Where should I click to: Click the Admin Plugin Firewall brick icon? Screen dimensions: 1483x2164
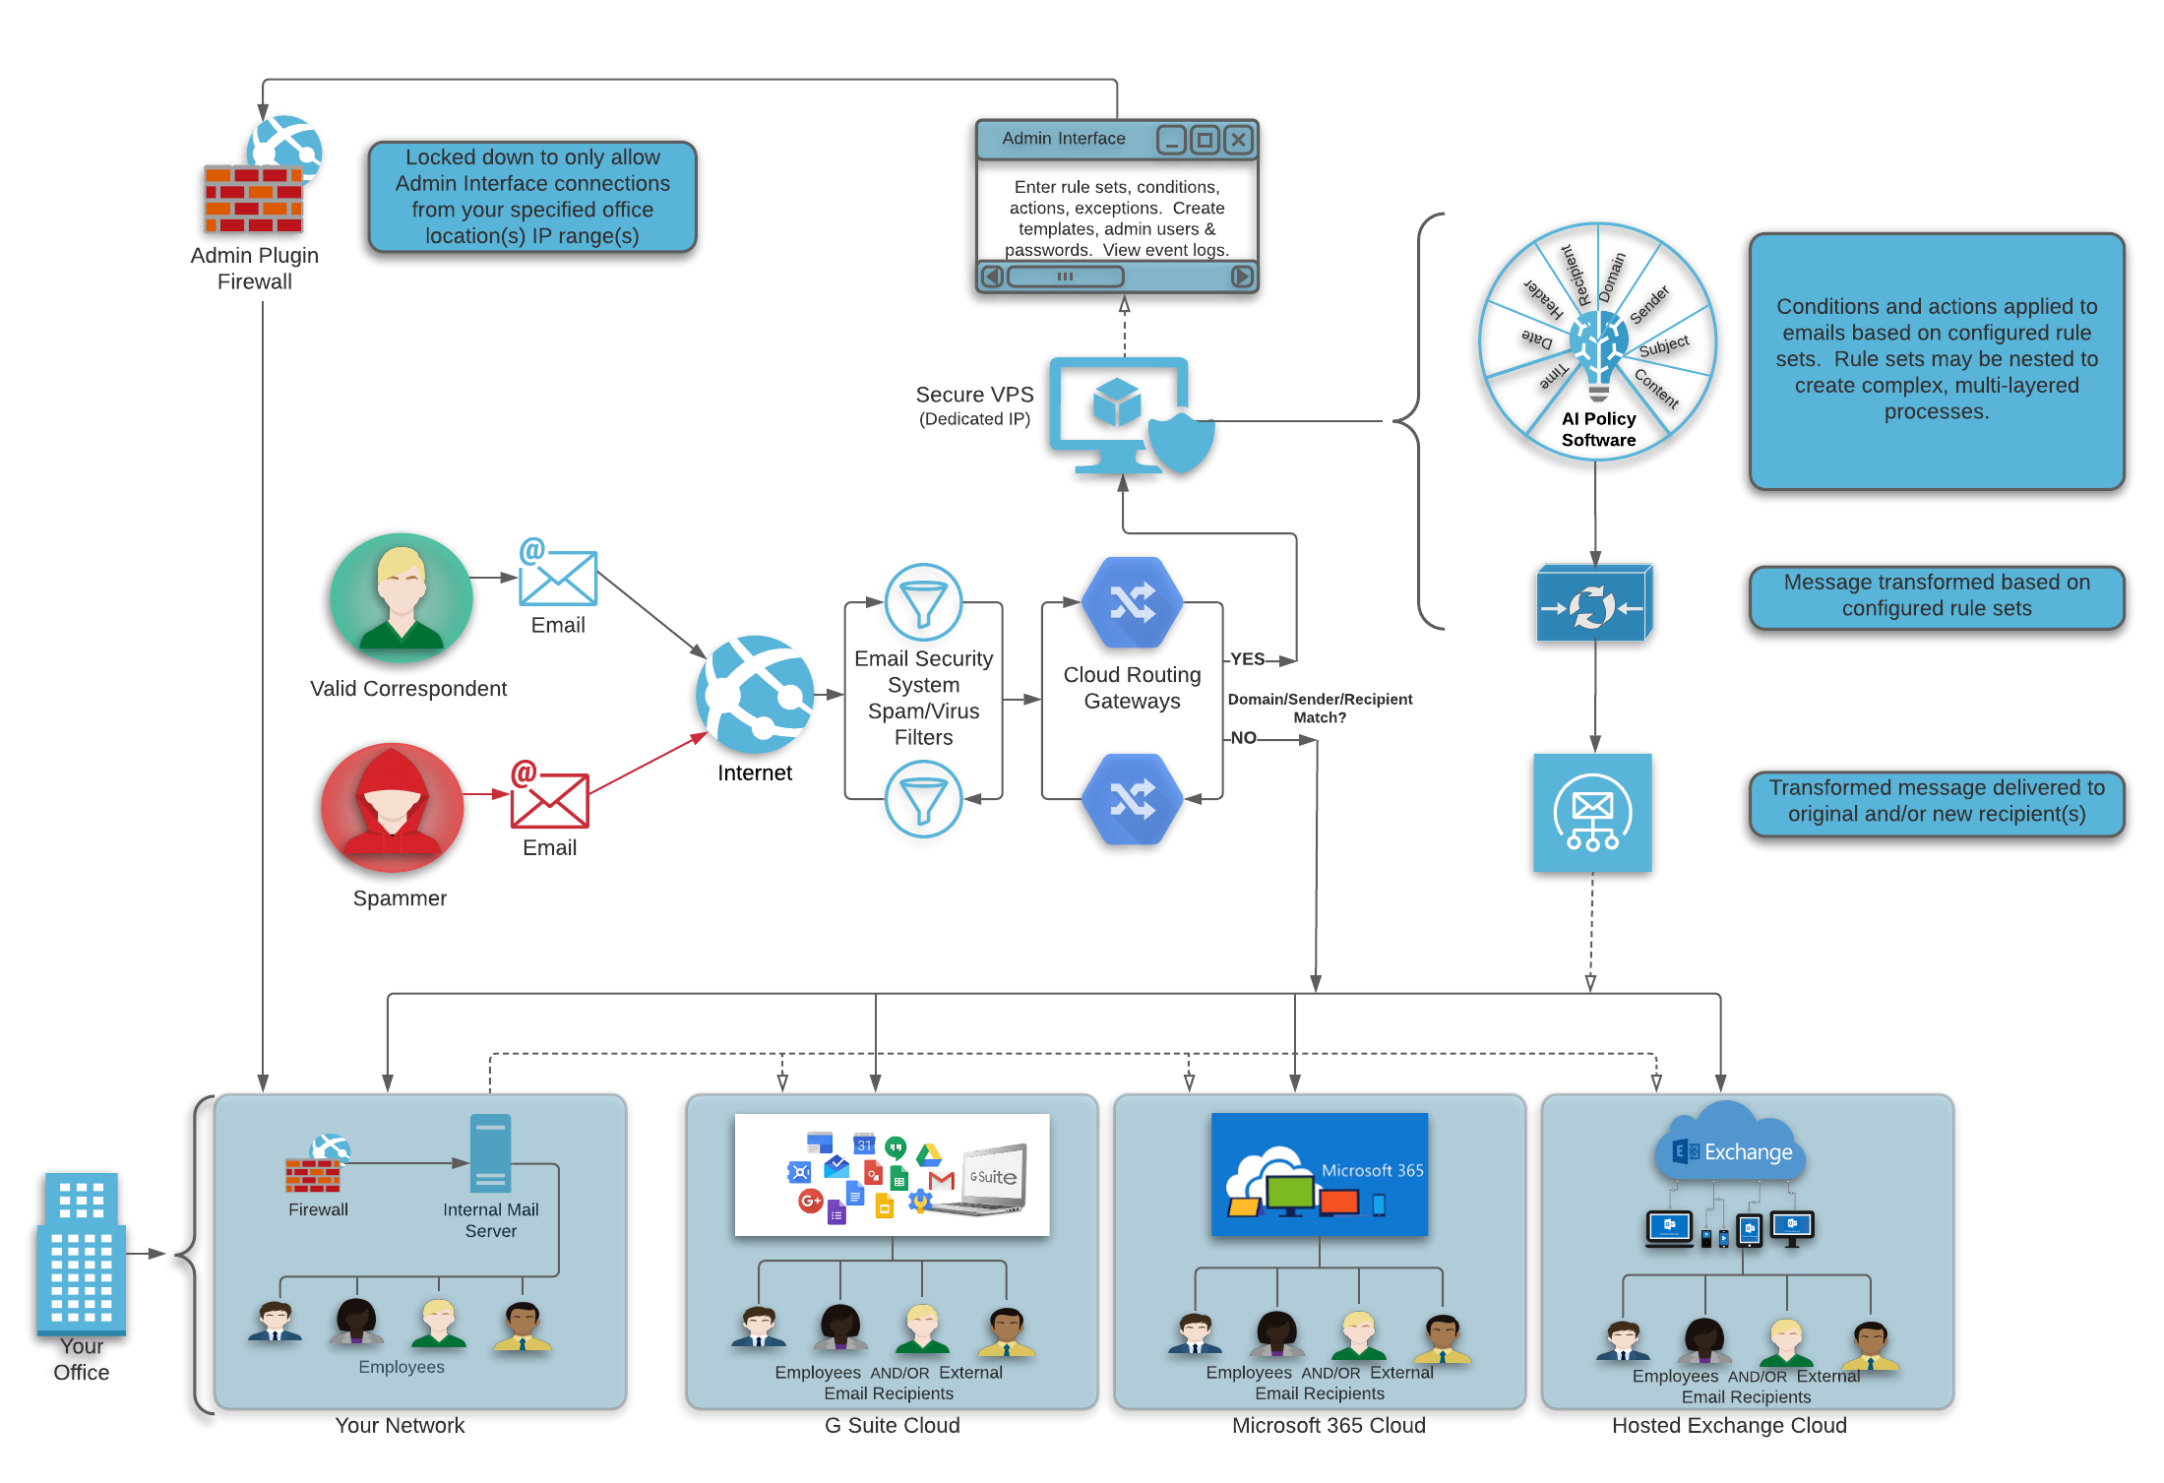pyautogui.click(x=254, y=198)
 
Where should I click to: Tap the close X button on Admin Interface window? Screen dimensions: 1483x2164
pyautogui.click(x=1239, y=140)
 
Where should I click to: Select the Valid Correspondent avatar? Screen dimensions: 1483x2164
pyautogui.click(x=402, y=597)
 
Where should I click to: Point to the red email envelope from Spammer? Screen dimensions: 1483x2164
pyautogui.click(x=549, y=799)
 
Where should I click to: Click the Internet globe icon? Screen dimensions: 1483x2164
pyautogui.click(x=755, y=695)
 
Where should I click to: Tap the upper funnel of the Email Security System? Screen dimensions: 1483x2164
pyautogui.click(x=923, y=602)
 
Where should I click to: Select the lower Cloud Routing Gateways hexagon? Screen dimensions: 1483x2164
pyautogui.click(x=1133, y=799)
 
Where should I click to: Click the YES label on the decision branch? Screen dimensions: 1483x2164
pyautogui.click(x=1247, y=658)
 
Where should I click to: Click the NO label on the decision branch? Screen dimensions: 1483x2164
pyautogui.click(x=1243, y=737)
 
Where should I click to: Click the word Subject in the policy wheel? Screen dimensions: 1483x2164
pyautogui.click(x=1663, y=345)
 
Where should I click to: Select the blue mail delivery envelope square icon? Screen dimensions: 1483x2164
pyautogui.click(x=1592, y=813)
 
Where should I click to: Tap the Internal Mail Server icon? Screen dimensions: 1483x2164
pyautogui.click(x=490, y=1152)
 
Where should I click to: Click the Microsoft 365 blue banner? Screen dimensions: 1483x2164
pyautogui.click(x=1319, y=1174)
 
